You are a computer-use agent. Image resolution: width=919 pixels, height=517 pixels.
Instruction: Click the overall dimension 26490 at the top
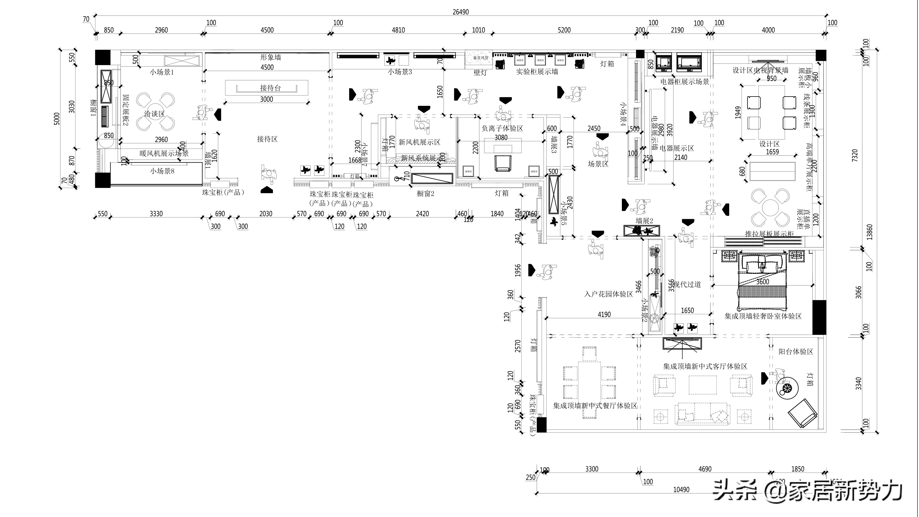[461, 12]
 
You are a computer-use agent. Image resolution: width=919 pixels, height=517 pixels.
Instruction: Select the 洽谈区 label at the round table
[154, 114]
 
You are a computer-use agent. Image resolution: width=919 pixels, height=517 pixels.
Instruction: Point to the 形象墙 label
[270, 57]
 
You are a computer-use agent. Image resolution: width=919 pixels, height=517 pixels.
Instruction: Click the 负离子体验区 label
[502, 128]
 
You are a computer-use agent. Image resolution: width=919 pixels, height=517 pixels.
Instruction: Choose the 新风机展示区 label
[419, 142]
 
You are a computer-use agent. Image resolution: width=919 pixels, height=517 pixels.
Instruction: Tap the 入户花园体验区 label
[608, 294]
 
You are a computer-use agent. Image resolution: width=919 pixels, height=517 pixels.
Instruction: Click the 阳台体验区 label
[796, 351]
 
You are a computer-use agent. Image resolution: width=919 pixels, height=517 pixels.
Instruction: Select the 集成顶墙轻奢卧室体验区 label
[763, 316]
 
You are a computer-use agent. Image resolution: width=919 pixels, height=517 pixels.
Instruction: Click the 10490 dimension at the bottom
[681, 490]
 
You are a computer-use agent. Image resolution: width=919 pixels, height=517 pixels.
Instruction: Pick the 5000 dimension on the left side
[57, 119]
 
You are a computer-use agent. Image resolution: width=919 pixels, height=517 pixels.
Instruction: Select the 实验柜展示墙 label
[537, 72]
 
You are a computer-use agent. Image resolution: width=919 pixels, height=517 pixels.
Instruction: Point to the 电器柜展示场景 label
[685, 82]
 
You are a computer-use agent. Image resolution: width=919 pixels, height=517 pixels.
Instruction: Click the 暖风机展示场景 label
[164, 153]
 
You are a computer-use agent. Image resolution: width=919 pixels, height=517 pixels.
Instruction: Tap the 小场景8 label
[162, 171]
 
